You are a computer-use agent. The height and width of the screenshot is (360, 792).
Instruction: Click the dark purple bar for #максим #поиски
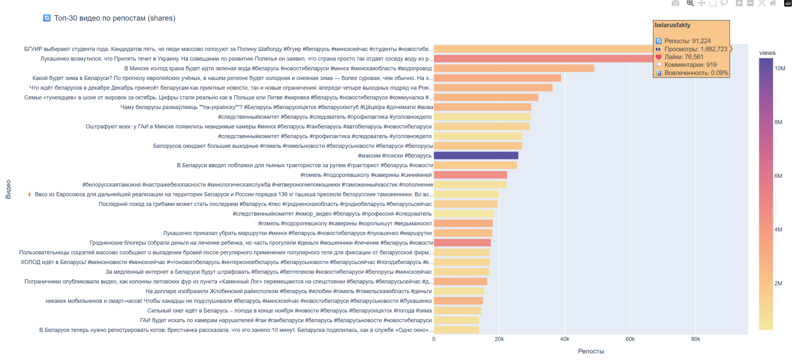point(476,155)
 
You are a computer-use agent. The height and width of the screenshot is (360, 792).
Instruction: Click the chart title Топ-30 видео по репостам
point(114,18)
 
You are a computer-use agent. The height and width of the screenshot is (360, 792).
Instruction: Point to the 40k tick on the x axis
point(565,339)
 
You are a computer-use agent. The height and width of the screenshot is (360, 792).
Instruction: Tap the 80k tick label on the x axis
point(695,339)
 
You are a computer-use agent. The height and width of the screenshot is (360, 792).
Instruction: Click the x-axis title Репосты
point(591,351)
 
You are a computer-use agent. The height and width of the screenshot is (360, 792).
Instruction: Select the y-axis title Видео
point(8,189)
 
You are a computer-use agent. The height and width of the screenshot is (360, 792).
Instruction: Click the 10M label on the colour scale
point(780,68)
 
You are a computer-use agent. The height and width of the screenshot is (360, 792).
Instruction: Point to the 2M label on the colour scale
point(778,283)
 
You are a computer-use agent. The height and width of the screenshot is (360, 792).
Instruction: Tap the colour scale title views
point(767,53)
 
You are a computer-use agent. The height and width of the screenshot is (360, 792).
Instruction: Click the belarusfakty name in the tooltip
point(672,25)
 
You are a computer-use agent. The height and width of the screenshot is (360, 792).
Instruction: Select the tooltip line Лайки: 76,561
point(684,57)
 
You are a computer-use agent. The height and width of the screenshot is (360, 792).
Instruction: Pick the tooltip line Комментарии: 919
point(690,65)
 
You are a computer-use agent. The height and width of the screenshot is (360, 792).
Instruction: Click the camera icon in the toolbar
point(675,3)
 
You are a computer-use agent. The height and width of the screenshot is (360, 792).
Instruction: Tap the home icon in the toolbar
point(773,3)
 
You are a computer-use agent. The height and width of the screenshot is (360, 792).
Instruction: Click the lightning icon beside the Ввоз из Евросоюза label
point(29,194)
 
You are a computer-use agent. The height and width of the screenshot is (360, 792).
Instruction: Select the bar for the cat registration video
point(456,330)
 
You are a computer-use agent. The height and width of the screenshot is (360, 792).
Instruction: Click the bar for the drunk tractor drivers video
point(475,165)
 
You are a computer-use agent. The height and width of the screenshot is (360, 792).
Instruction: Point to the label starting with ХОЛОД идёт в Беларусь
point(226,262)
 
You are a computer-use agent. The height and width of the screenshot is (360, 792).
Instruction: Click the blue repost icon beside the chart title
point(47,18)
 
